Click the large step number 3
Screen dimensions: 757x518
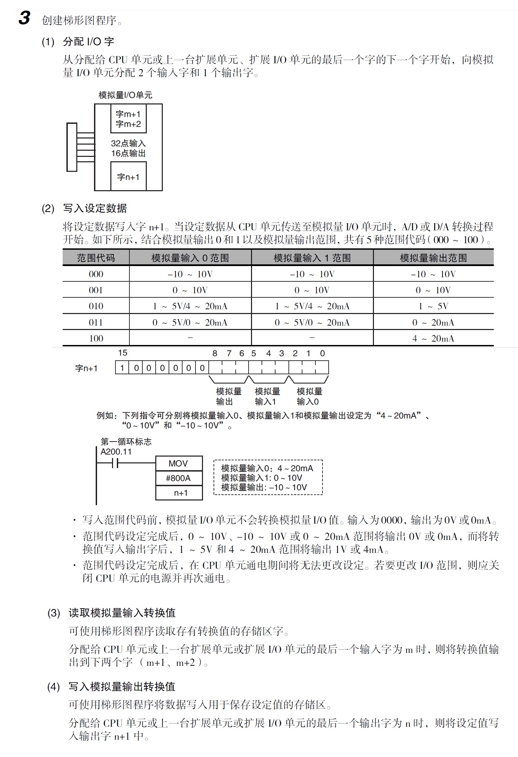(24, 18)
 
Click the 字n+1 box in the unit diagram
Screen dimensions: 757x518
(128, 177)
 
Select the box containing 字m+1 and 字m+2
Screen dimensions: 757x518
(128, 119)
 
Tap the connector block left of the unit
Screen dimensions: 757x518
(72, 147)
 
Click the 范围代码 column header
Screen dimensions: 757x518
(96, 258)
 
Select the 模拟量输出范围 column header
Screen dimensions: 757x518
(433, 258)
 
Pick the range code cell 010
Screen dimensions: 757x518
(96, 306)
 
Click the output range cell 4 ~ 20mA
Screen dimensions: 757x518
(433, 338)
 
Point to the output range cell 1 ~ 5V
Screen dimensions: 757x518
(433, 306)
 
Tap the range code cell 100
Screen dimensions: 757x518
(96, 338)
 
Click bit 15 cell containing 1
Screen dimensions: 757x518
(122, 368)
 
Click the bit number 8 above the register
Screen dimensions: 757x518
(215, 353)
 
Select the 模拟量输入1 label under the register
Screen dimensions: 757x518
(267, 396)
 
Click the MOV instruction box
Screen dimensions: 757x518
(179, 463)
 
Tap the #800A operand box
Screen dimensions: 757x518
(179, 478)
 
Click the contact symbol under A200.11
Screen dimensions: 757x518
(115, 463)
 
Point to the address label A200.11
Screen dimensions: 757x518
(116, 451)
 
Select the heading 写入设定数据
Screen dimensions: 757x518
(95, 208)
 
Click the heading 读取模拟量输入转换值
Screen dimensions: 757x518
(122, 613)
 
